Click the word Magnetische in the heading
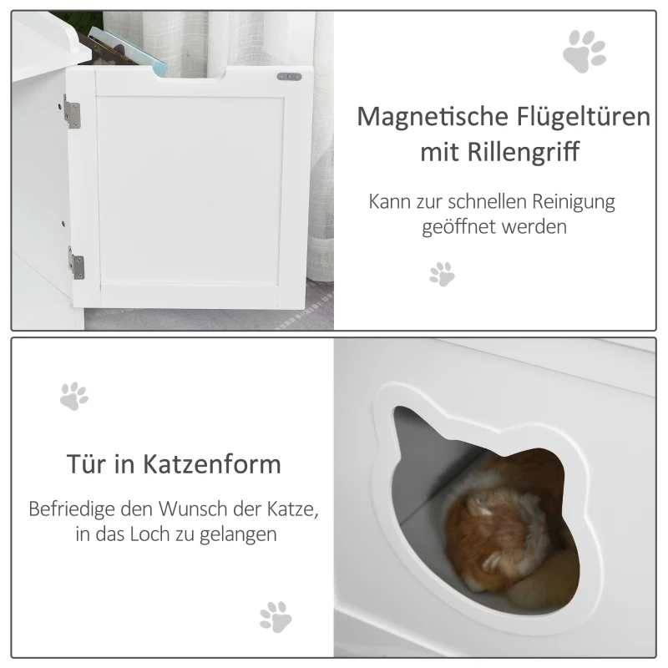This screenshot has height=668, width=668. pyautogui.click(x=433, y=117)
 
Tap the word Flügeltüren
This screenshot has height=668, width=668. pyautogui.click(x=584, y=116)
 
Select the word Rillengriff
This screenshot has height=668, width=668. pyautogui.click(x=524, y=151)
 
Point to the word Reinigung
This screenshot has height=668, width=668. pyautogui.click(x=574, y=202)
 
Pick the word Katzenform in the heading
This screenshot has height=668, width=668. pyautogui.click(x=212, y=464)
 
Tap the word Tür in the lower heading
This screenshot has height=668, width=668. pyautogui.click(x=87, y=463)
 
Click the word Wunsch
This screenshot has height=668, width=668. pyautogui.click(x=193, y=509)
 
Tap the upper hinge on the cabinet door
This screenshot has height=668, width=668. pyautogui.click(x=72, y=112)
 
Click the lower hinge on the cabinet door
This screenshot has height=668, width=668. pyautogui.click(x=76, y=263)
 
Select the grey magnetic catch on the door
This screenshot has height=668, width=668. pyautogui.click(x=289, y=77)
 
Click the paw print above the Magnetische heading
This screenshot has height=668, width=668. pyautogui.click(x=584, y=51)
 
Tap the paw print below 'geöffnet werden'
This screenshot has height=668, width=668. pyautogui.click(x=443, y=274)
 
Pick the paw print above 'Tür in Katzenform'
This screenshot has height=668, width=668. pyautogui.click(x=74, y=396)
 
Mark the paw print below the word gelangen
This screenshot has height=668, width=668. pyautogui.click(x=276, y=617)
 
